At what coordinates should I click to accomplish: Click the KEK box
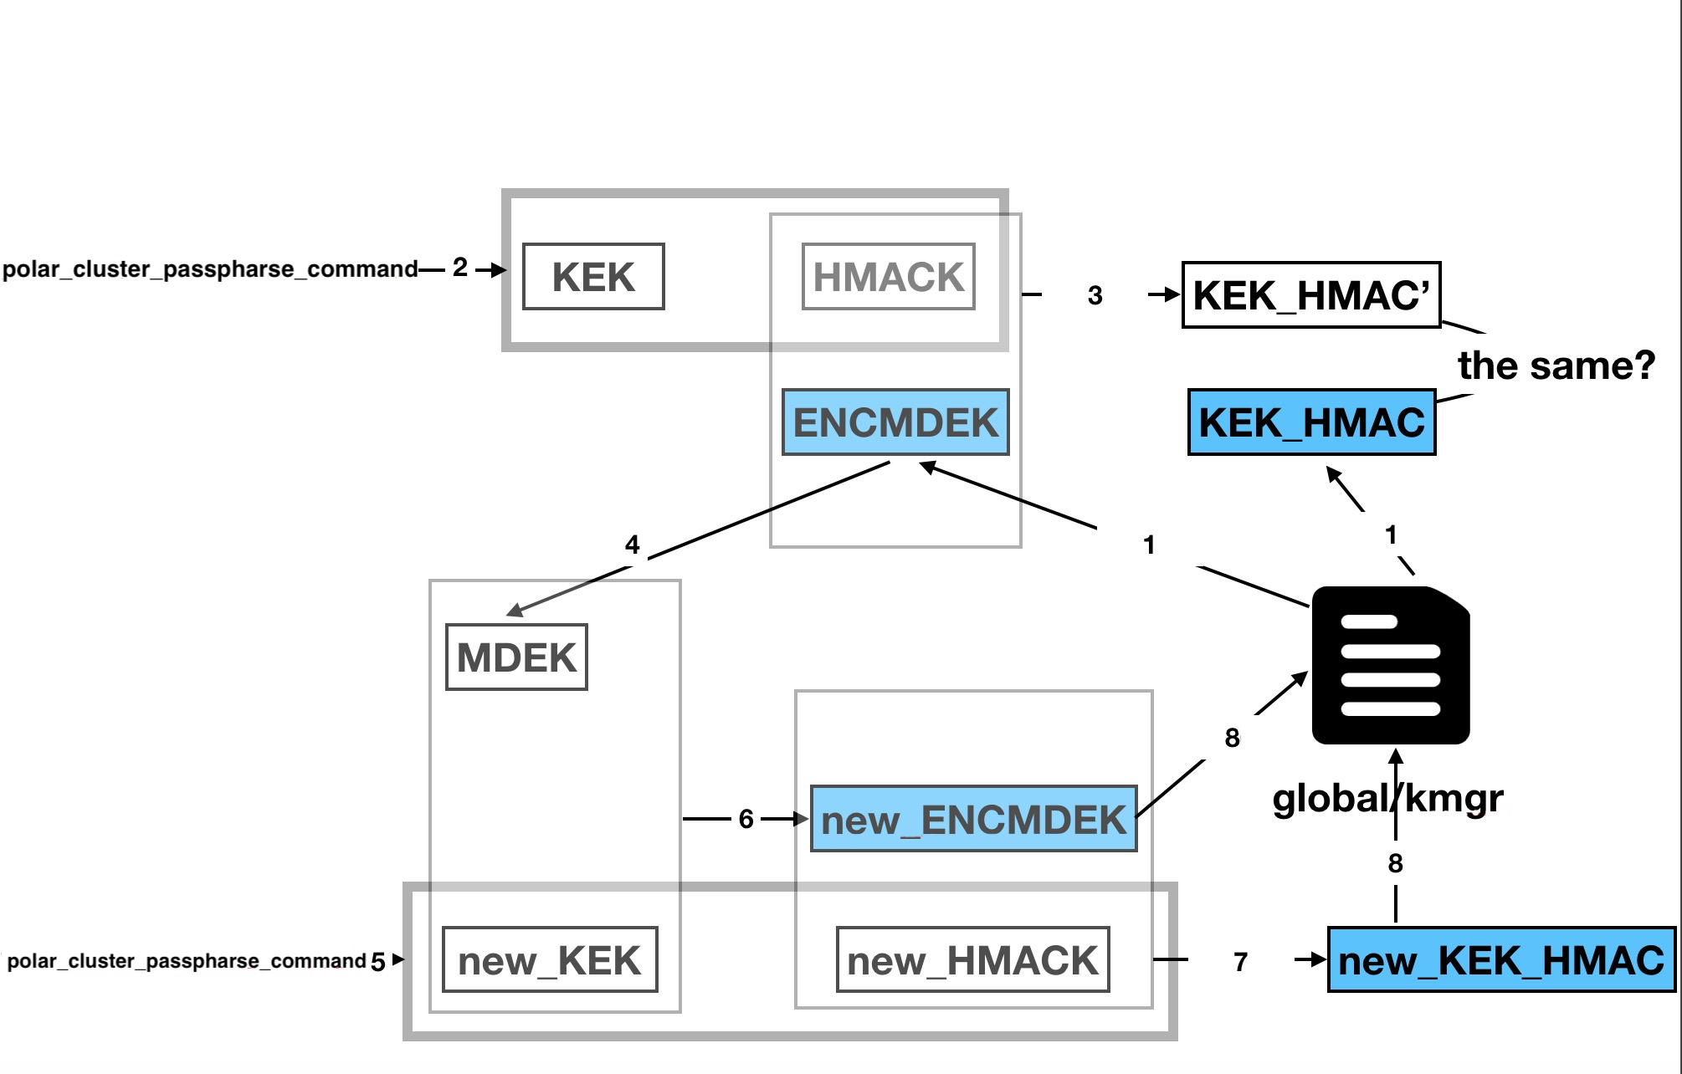pyautogui.click(x=593, y=277)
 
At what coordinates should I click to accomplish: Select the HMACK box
pyautogui.click(x=888, y=277)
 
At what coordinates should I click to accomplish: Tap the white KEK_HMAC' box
pyautogui.click(x=1310, y=295)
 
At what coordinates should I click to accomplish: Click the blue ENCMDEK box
pyautogui.click(x=895, y=422)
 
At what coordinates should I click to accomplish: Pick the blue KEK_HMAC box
pyautogui.click(x=1311, y=422)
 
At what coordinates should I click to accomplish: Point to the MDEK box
pyautogui.click(x=516, y=657)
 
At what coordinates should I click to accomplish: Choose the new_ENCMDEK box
pyautogui.click(x=973, y=819)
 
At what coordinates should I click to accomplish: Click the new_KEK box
pyautogui.click(x=550, y=960)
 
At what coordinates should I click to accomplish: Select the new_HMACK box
pyautogui.click(x=972, y=960)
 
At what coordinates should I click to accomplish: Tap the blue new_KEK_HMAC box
pyautogui.click(x=1501, y=960)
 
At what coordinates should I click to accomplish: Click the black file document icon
pyautogui.click(x=1391, y=666)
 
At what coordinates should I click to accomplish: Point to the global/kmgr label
pyautogui.click(x=1387, y=798)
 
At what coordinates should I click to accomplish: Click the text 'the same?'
pyautogui.click(x=1556, y=366)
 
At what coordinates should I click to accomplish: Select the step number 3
pyautogui.click(x=1095, y=295)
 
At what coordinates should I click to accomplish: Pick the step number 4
pyautogui.click(x=633, y=545)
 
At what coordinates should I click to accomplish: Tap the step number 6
pyautogui.click(x=746, y=819)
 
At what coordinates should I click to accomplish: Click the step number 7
pyautogui.click(x=1241, y=962)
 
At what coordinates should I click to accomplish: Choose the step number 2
pyautogui.click(x=460, y=268)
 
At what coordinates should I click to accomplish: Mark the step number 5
pyautogui.click(x=378, y=962)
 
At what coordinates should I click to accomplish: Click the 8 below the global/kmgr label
pyautogui.click(x=1395, y=863)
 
